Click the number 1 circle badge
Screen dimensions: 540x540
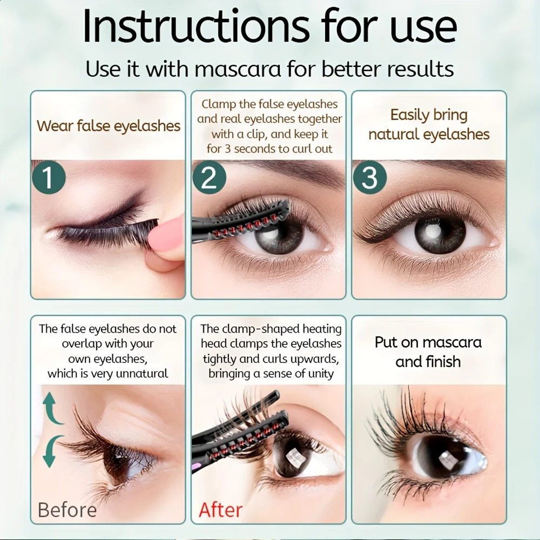click(x=49, y=177)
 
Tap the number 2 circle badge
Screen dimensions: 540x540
click(x=209, y=177)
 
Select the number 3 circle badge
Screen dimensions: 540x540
click(x=369, y=177)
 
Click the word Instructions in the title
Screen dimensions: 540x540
click(x=196, y=26)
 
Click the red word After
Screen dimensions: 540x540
click(x=221, y=510)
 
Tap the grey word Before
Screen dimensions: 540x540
click(x=67, y=510)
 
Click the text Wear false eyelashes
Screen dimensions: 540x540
click(x=109, y=126)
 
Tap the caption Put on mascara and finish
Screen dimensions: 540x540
click(x=428, y=352)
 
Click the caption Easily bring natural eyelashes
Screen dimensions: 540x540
click(x=429, y=124)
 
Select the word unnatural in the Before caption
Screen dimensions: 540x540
click(x=142, y=373)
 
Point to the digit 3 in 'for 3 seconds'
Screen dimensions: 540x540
click(x=228, y=149)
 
